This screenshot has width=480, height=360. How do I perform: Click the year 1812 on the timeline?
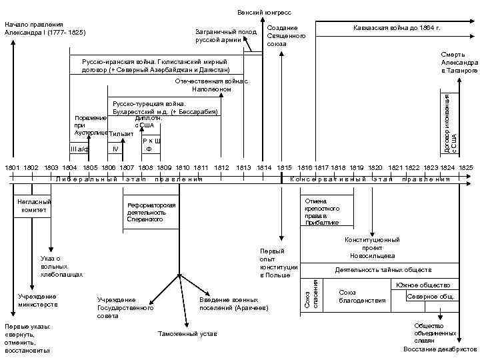tap(222, 167)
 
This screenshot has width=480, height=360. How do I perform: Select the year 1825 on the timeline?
tap(465, 167)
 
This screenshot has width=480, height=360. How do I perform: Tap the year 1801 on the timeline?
tap(12, 167)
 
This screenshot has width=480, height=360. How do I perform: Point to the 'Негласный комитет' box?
tap(33, 205)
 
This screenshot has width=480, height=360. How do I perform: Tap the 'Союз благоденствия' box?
tap(363, 297)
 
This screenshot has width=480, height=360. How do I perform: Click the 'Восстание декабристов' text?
tap(440, 349)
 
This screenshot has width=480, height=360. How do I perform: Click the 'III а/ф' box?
tap(79, 149)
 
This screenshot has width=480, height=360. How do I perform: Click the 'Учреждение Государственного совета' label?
tap(125, 308)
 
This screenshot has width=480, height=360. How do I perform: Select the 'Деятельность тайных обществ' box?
tap(379, 270)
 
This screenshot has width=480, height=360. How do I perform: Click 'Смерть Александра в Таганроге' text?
tap(459, 62)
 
